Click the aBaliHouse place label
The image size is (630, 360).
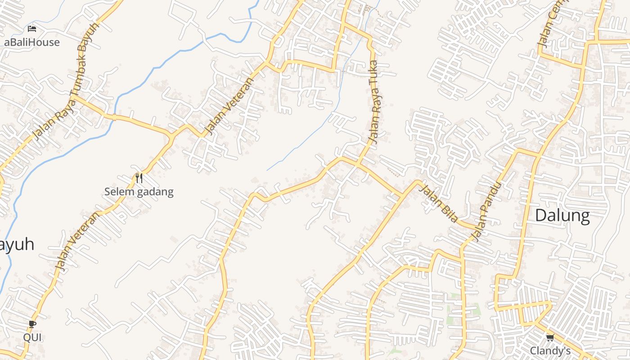(32, 42)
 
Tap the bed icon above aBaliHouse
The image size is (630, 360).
(32, 29)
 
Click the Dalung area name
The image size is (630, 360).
(562, 216)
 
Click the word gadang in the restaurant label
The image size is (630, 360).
(155, 192)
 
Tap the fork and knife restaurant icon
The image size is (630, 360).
(139, 178)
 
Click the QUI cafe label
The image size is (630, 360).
(32, 337)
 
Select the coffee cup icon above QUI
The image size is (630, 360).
(32, 324)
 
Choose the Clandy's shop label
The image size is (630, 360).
(550, 351)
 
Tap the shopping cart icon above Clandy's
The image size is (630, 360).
(549, 337)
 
